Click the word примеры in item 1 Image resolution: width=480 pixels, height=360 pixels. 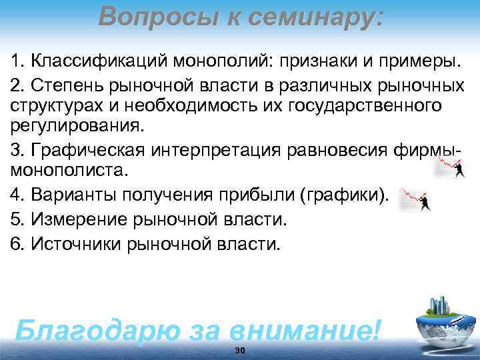point(423,62)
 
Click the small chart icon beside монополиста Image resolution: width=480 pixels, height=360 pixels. point(450,169)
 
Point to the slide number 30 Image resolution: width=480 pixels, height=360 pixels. point(240,350)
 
